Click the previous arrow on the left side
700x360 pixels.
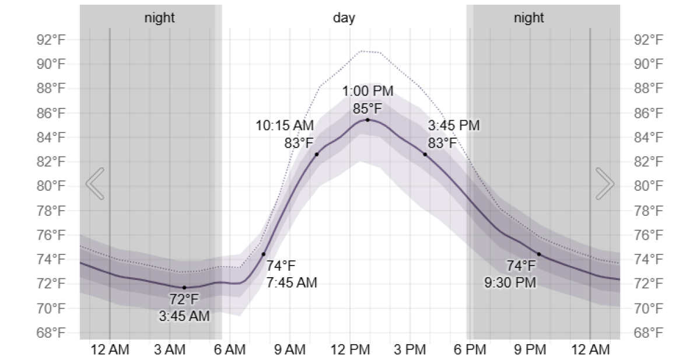95,184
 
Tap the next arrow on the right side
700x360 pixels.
604,184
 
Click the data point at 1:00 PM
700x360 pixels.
367,120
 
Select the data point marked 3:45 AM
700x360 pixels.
184,287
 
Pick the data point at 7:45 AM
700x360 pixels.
264,254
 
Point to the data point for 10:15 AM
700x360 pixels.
317,154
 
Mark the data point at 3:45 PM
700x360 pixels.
425,154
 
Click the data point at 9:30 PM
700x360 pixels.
539,254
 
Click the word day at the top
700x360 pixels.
344,18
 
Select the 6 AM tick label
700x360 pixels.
229,350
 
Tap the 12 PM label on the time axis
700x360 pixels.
349,350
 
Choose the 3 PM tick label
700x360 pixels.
409,350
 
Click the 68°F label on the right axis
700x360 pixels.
648,333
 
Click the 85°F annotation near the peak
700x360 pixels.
367,109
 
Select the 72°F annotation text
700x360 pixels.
184,300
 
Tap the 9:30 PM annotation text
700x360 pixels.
510,282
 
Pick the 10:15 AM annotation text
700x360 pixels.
285,125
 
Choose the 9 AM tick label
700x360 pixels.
289,350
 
